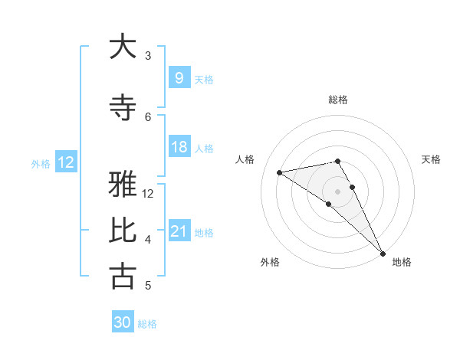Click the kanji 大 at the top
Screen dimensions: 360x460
123,47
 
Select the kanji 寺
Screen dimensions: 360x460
123,108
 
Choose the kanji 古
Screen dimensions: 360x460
123,277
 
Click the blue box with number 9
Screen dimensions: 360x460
179,77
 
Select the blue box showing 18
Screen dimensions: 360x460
179,147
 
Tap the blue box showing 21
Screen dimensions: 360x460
179,231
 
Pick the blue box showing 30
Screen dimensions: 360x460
123,322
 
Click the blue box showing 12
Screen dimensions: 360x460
66,162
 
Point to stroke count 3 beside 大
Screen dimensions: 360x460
148,55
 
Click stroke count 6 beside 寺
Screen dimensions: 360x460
148,116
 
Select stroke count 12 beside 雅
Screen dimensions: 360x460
148,193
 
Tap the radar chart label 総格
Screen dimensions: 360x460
337,100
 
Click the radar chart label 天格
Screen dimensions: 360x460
431,159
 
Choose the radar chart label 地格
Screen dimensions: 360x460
402,262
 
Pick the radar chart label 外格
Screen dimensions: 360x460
270,262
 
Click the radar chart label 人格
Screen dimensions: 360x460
245,159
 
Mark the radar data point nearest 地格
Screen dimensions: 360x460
383,253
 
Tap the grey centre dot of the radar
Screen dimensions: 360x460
337,191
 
